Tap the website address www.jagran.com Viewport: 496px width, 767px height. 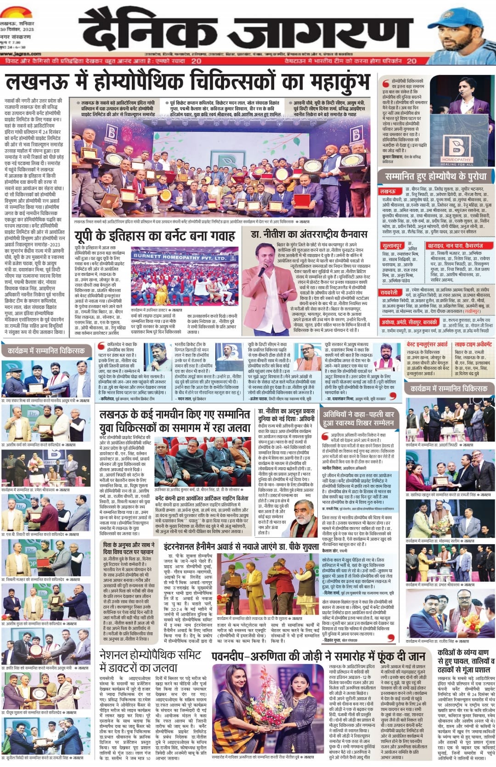(15, 53)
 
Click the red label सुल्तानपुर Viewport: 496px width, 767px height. (392, 246)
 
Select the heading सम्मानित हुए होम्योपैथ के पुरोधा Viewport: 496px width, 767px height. (436, 176)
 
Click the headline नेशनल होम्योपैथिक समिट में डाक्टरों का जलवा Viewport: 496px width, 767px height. (150, 661)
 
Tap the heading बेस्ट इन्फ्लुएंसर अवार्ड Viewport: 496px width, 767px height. (427, 344)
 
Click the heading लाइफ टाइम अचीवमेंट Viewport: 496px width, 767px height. (473, 344)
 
